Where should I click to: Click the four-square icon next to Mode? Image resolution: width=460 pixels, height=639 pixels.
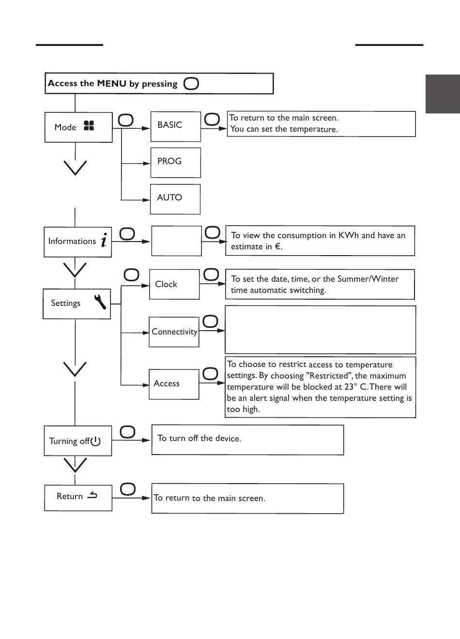pyautogui.click(x=89, y=125)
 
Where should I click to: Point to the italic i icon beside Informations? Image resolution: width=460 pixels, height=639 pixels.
pyautogui.click(x=104, y=240)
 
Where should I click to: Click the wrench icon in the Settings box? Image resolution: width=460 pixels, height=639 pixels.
pyautogui.click(x=100, y=302)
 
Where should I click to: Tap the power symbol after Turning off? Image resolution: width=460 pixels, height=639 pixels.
pyautogui.click(x=95, y=441)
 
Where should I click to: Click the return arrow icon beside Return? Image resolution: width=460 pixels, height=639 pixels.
pyautogui.click(x=92, y=495)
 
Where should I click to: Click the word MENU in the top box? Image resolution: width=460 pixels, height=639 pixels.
pyautogui.click(x=111, y=83)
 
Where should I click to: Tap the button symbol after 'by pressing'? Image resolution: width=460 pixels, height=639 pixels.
pyautogui.click(x=191, y=84)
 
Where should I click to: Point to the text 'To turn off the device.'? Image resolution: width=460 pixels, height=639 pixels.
pyautogui.click(x=199, y=438)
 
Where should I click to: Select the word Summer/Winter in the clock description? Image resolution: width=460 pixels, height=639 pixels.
pyautogui.click(x=368, y=279)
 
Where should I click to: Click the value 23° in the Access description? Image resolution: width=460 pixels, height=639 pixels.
pyautogui.click(x=351, y=387)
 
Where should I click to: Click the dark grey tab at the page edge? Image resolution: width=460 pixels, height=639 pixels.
pyautogui.click(x=443, y=94)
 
